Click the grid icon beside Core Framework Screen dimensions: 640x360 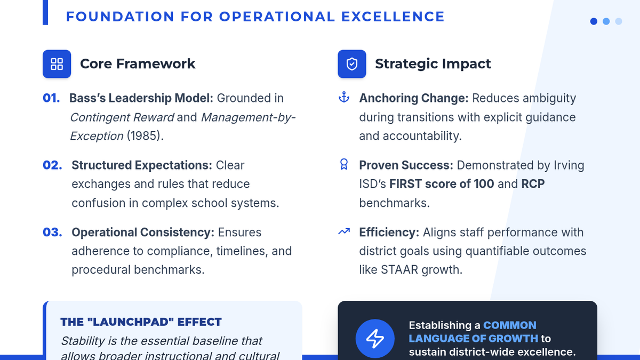(57, 64)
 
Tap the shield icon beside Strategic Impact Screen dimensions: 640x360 (351, 64)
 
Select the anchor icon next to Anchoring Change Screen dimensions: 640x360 (344, 97)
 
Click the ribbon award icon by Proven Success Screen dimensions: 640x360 (344, 164)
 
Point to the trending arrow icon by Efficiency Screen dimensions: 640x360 (344, 231)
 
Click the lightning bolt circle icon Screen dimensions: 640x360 (375, 339)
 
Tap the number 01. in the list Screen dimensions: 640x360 (51, 98)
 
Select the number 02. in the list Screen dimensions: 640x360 (52, 165)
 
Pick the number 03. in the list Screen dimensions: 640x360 (52, 233)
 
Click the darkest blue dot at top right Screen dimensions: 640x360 (594, 21)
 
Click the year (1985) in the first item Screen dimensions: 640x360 (145, 136)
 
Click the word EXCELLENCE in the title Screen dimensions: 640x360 (393, 17)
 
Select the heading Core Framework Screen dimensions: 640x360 (138, 63)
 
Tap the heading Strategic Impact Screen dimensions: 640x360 (433, 63)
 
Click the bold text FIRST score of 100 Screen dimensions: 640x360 (442, 183)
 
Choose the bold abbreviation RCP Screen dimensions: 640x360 (533, 183)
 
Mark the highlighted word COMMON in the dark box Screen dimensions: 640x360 (510, 325)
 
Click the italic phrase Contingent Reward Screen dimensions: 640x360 (122, 117)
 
